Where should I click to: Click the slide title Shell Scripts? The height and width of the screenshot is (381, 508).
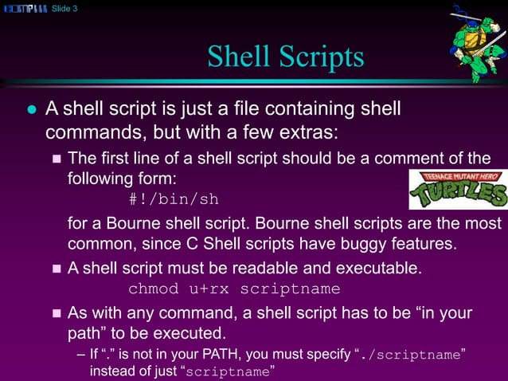(x=285, y=57)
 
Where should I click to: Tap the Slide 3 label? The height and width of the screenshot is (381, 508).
(x=64, y=9)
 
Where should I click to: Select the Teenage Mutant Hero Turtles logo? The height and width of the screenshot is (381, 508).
(x=458, y=190)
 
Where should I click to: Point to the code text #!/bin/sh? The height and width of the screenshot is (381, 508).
(x=174, y=198)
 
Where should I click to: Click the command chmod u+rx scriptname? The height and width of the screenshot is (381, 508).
(x=234, y=289)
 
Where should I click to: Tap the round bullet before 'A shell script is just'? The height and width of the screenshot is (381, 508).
(x=32, y=108)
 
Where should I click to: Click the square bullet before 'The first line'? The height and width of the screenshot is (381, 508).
(x=56, y=158)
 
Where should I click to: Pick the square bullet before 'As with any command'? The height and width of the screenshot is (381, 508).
(x=56, y=313)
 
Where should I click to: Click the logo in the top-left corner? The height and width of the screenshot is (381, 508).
(x=25, y=9)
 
